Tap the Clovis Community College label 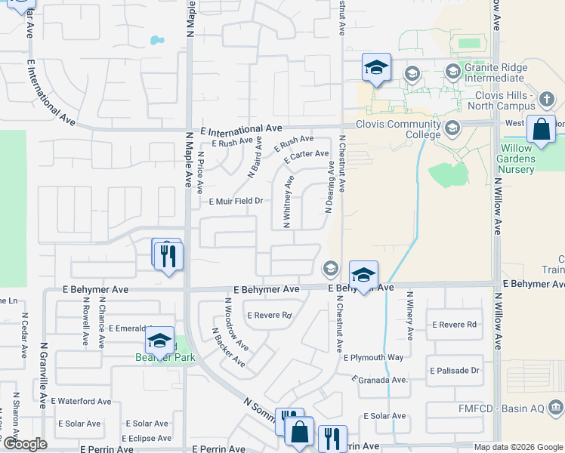(x=398, y=129)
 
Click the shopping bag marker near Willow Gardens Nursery (x=542, y=130)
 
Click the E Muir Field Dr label (x=236, y=201)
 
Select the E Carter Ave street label (x=306, y=157)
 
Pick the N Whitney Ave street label (x=288, y=202)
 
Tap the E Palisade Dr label (x=455, y=371)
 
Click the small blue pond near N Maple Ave (x=157, y=39)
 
